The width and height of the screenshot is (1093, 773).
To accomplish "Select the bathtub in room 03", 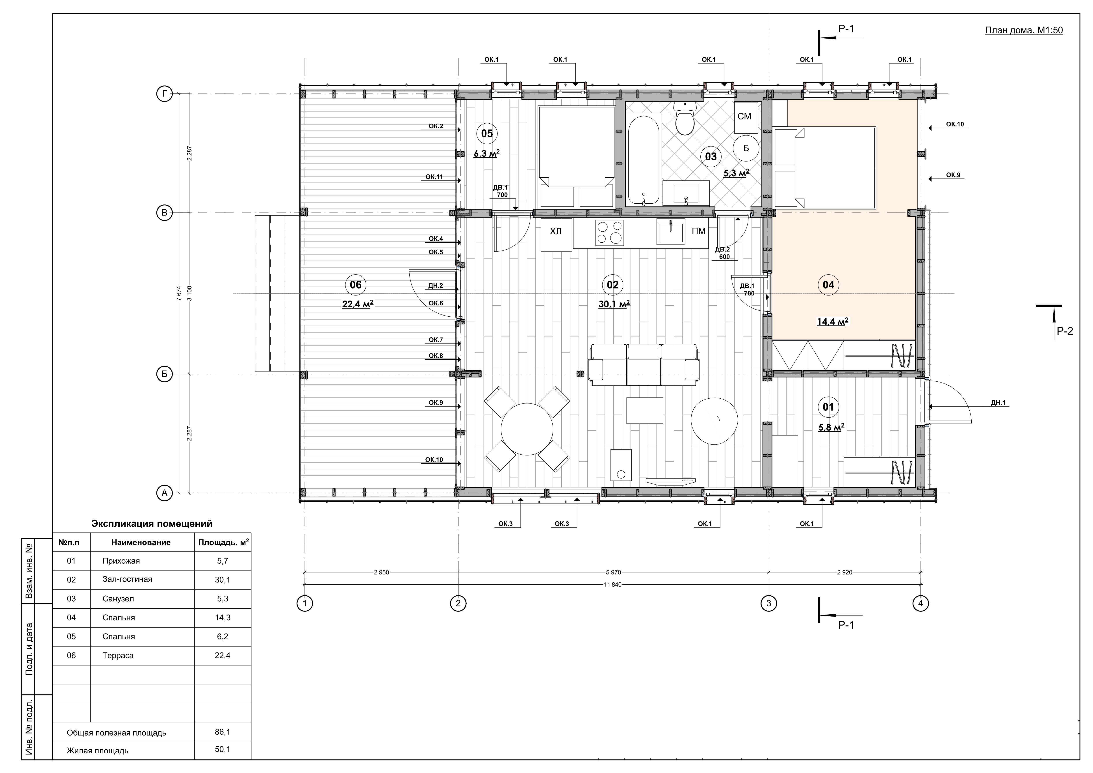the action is (644, 161).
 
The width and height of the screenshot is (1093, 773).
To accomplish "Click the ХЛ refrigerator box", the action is (556, 235).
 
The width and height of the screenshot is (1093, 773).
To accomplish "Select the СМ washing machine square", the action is (744, 117).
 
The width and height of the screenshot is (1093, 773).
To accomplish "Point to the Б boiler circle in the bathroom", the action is (746, 148).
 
